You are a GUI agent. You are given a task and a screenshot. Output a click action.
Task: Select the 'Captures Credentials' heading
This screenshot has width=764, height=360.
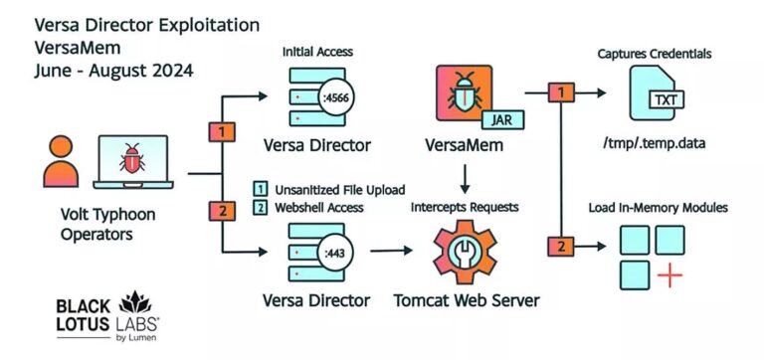653,52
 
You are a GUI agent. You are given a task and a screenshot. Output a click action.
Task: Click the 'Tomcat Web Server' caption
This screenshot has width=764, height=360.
465,300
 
